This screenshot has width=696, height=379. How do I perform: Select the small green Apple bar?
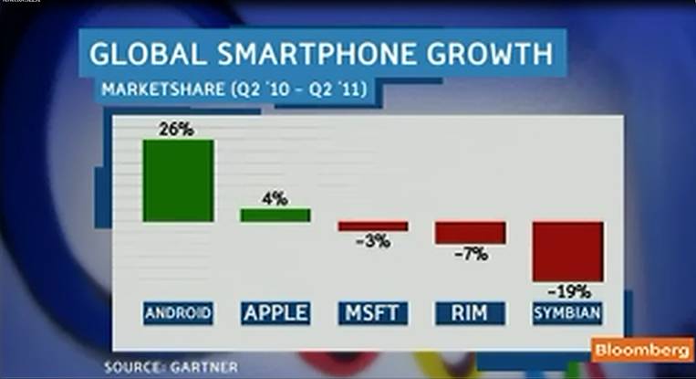(x=275, y=215)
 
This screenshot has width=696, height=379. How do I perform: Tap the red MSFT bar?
(x=372, y=226)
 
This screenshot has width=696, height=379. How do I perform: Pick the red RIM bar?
(x=470, y=232)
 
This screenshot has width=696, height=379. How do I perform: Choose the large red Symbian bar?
(x=567, y=251)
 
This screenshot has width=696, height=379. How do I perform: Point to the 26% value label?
(x=177, y=129)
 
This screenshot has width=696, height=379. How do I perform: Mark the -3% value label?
(x=372, y=242)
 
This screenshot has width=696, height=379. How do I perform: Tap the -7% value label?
(x=470, y=255)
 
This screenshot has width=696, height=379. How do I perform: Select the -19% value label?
(x=567, y=293)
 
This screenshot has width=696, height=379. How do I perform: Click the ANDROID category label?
(x=178, y=314)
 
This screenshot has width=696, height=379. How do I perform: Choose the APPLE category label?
(x=275, y=314)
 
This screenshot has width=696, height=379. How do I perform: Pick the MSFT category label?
(x=372, y=314)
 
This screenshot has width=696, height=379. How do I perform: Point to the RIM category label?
(x=470, y=314)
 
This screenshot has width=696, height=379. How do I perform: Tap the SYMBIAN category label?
(x=567, y=314)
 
